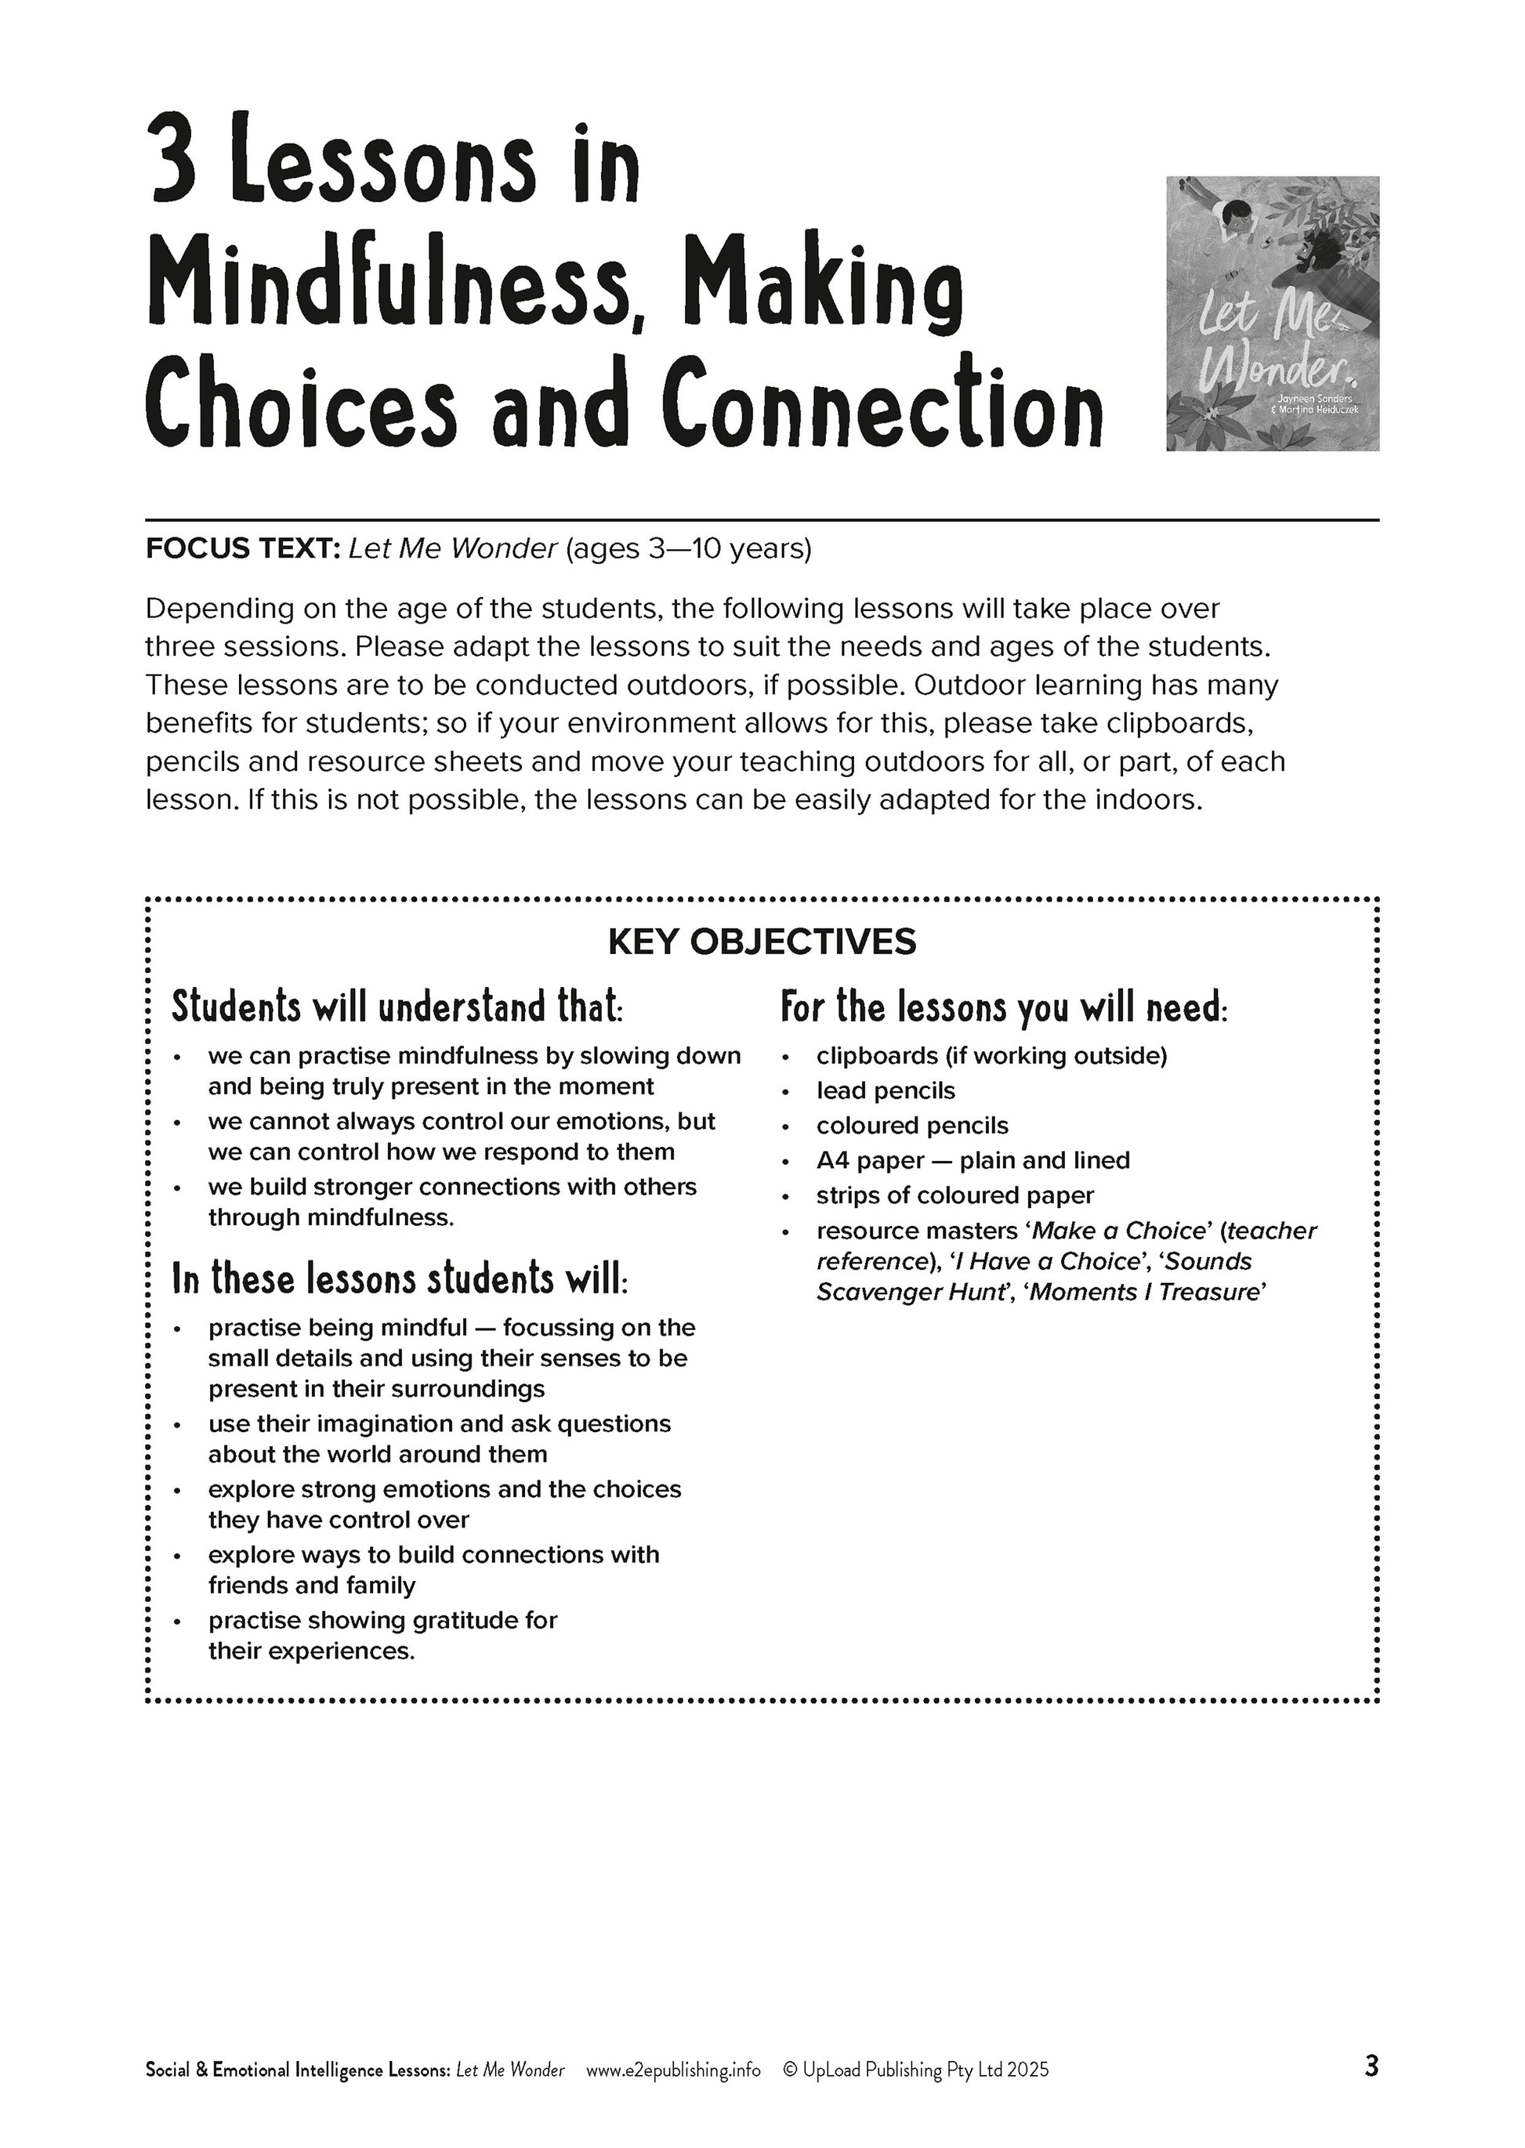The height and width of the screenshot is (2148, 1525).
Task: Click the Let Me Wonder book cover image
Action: tap(1273, 313)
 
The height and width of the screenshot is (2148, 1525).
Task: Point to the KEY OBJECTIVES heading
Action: tap(762, 942)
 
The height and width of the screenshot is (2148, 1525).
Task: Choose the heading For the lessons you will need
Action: tap(1004, 1007)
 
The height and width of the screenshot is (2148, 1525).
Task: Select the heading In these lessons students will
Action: tap(400, 1278)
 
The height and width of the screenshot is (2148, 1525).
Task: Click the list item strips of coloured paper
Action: tap(955, 1195)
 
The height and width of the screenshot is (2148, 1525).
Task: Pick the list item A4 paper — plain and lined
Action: tap(973, 1160)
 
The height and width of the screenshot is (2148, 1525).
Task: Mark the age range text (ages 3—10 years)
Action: tap(688, 548)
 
